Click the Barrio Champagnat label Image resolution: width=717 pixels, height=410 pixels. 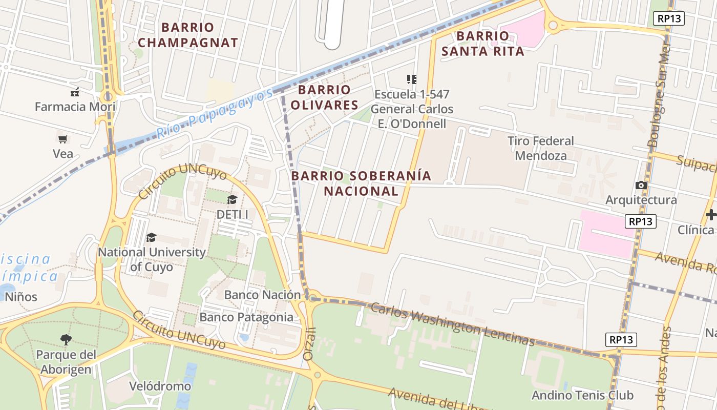[x=188, y=35]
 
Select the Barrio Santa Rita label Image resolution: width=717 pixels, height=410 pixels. [x=483, y=44]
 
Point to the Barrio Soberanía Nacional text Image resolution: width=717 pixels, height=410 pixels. [x=361, y=183]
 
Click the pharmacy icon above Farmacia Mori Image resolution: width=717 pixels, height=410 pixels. [x=75, y=93]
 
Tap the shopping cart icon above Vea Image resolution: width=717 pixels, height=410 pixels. [x=63, y=139]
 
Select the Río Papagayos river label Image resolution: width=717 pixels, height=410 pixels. [x=215, y=114]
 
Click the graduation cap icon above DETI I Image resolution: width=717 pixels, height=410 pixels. [x=232, y=199]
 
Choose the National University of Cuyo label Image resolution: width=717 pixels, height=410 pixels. [x=152, y=259]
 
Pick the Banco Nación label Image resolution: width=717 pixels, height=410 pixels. [x=262, y=295]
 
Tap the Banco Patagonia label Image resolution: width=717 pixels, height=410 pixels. [x=246, y=317]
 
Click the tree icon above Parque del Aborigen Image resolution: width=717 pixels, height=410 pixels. [x=66, y=339]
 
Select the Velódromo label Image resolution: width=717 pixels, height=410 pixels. [x=160, y=386]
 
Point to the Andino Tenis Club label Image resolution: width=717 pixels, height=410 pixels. [x=582, y=395]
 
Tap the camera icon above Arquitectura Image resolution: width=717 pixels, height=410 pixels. [x=641, y=185]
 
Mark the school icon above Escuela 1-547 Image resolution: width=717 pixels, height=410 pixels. [x=412, y=79]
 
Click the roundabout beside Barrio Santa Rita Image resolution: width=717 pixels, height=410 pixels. [x=553, y=24]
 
